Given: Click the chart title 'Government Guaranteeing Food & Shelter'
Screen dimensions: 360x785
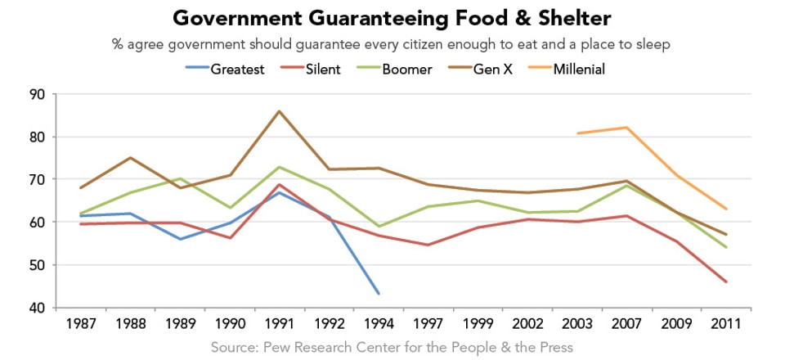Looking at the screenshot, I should click(x=392, y=18).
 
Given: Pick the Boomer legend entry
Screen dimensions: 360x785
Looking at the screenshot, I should click(x=418, y=70).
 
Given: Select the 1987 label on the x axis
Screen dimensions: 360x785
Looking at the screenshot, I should click(x=79, y=324).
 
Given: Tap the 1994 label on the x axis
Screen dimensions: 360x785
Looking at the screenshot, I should click(x=378, y=324).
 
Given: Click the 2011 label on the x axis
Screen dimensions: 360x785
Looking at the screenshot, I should click(x=726, y=324).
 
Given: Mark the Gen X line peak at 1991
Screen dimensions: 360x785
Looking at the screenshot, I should click(x=279, y=111).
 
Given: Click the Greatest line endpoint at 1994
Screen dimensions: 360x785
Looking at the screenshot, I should click(x=379, y=294).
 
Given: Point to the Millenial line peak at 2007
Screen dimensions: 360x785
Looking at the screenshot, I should click(x=627, y=128).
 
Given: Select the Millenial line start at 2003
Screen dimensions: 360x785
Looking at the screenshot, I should click(x=577, y=133).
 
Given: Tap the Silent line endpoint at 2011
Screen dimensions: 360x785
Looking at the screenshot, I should click(x=726, y=282).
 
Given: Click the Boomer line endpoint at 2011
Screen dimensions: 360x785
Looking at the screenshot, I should click(x=726, y=247).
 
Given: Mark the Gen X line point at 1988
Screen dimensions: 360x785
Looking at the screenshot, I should click(x=130, y=158).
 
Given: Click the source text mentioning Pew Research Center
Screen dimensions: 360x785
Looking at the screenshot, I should click(x=392, y=347).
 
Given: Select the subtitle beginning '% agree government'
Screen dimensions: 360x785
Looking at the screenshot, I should click(x=392, y=44).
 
